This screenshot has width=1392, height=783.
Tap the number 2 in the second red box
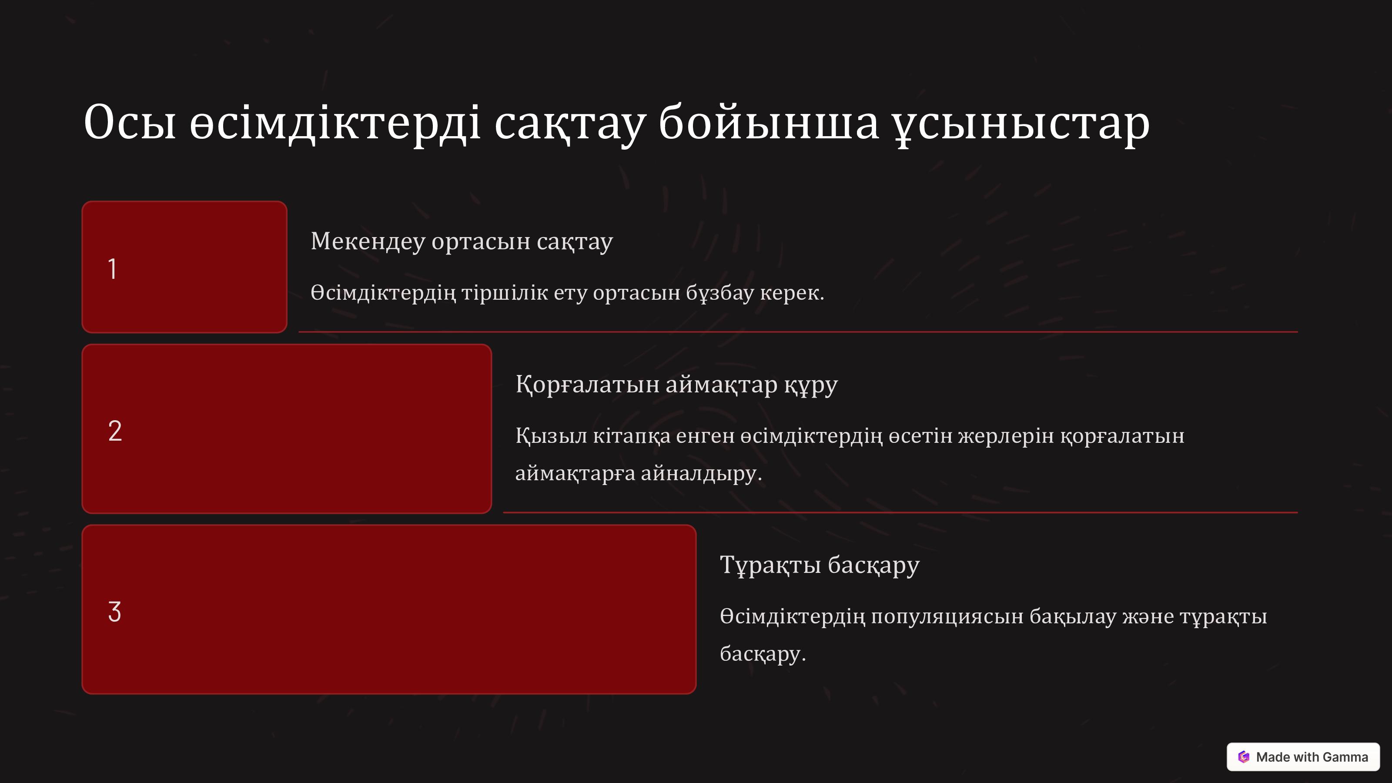(115, 431)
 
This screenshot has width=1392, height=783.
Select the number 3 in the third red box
(114, 612)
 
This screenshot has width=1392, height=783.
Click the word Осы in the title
(130, 122)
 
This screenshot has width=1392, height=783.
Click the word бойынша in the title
(768, 122)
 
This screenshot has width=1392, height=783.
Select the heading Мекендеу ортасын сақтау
(462, 241)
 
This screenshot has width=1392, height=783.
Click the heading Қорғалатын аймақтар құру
(676, 385)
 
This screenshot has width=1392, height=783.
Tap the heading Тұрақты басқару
(819, 565)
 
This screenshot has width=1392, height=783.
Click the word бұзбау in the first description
(720, 292)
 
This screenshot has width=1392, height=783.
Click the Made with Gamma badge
(1303, 756)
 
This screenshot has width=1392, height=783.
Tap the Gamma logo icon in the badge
(1243, 756)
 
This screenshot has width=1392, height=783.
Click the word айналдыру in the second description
(701, 473)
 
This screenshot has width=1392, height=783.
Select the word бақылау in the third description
(1073, 616)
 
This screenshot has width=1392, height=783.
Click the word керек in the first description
(792, 292)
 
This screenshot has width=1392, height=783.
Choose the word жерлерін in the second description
(1006, 435)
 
